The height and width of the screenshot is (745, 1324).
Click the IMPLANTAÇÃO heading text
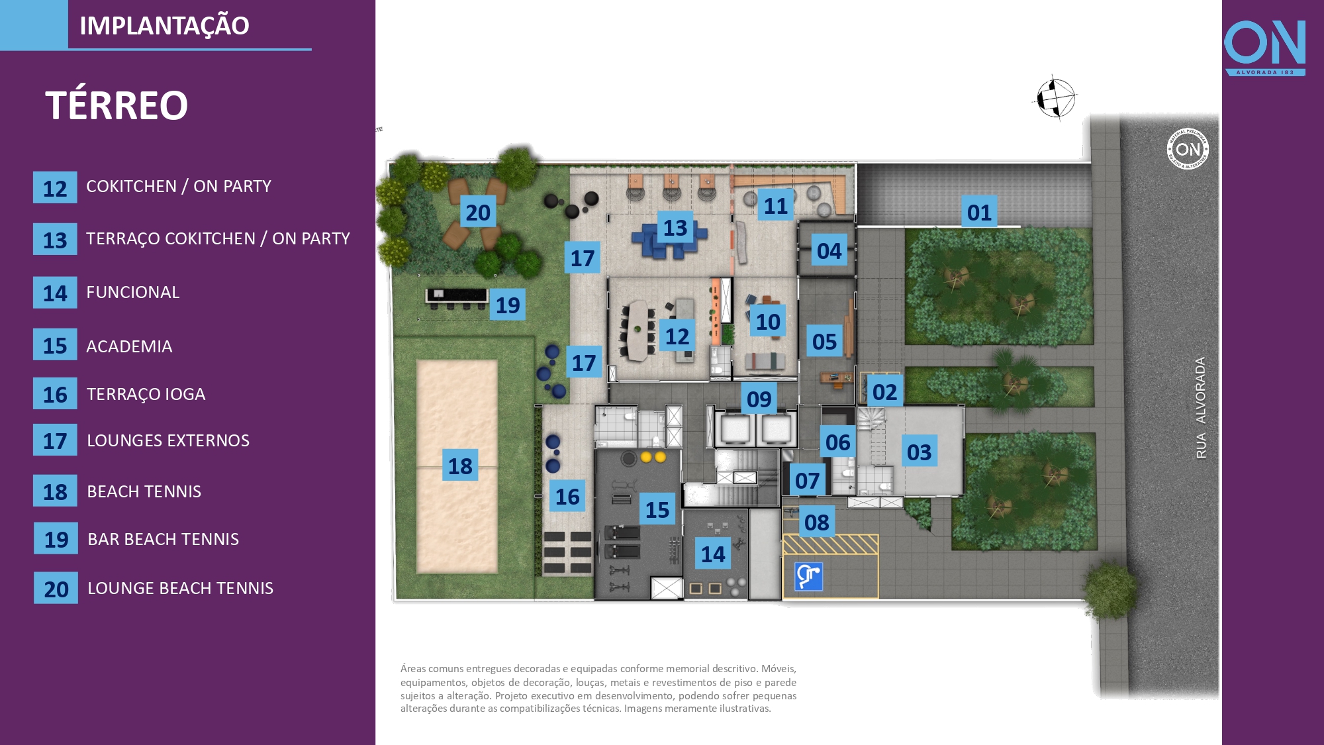(x=164, y=26)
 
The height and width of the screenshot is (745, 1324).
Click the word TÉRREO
(x=117, y=105)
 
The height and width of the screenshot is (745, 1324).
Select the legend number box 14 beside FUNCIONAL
(x=55, y=293)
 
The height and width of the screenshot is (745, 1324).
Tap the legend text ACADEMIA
(x=129, y=346)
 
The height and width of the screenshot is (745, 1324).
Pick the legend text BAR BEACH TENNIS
(x=163, y=539)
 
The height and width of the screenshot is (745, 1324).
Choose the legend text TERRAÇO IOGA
(x=146, y=394)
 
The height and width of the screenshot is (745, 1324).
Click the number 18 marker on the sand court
(x=460, y=466)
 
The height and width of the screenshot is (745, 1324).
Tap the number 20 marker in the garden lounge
(x=478, y=213)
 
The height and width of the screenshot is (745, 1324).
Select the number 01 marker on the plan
(x=979, y=213)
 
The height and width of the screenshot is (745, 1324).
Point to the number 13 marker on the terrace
(x=675, y=228)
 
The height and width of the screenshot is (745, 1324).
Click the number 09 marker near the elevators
(x=759, y=399)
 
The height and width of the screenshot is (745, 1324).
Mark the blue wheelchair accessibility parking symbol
(x=808, y=576)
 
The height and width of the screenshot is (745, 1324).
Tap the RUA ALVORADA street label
(x=1201, y=408)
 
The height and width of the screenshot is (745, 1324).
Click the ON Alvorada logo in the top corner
(x=1264, y=47)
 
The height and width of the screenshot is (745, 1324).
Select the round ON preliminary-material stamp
(x=1188, y=148)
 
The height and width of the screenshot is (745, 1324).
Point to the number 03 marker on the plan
(x=919, y=452)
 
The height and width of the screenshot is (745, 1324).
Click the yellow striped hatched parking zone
(x=830, y=544)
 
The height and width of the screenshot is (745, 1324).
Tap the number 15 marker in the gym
(x=657, y=509)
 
